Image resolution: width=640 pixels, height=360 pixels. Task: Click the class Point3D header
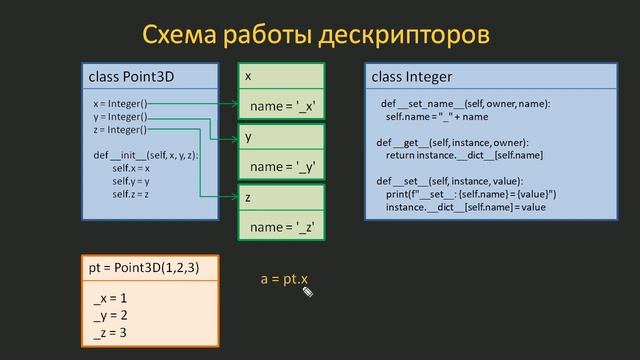tap(130, 76)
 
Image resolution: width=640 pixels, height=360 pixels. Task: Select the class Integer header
tap(412, 76)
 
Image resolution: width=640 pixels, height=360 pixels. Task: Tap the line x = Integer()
tap(120, 103)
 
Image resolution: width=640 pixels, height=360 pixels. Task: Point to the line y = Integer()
tap(120, 116)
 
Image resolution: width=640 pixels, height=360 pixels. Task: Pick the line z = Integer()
tap(120, 129)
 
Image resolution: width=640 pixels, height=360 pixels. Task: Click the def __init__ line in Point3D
tap(145, 156)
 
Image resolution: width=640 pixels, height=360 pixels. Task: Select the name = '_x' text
tap(284, 106)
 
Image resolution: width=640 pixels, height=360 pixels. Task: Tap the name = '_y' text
tap(284, 166)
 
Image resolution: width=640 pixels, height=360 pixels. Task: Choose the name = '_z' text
tap(284, 227)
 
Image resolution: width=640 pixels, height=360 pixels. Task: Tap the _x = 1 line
tap(110, 298)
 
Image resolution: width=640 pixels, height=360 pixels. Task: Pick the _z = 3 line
tap(110, 332)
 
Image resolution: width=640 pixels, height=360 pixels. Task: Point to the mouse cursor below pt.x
tap(309, 293)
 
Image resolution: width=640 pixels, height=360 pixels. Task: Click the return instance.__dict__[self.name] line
tap(465, 155)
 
